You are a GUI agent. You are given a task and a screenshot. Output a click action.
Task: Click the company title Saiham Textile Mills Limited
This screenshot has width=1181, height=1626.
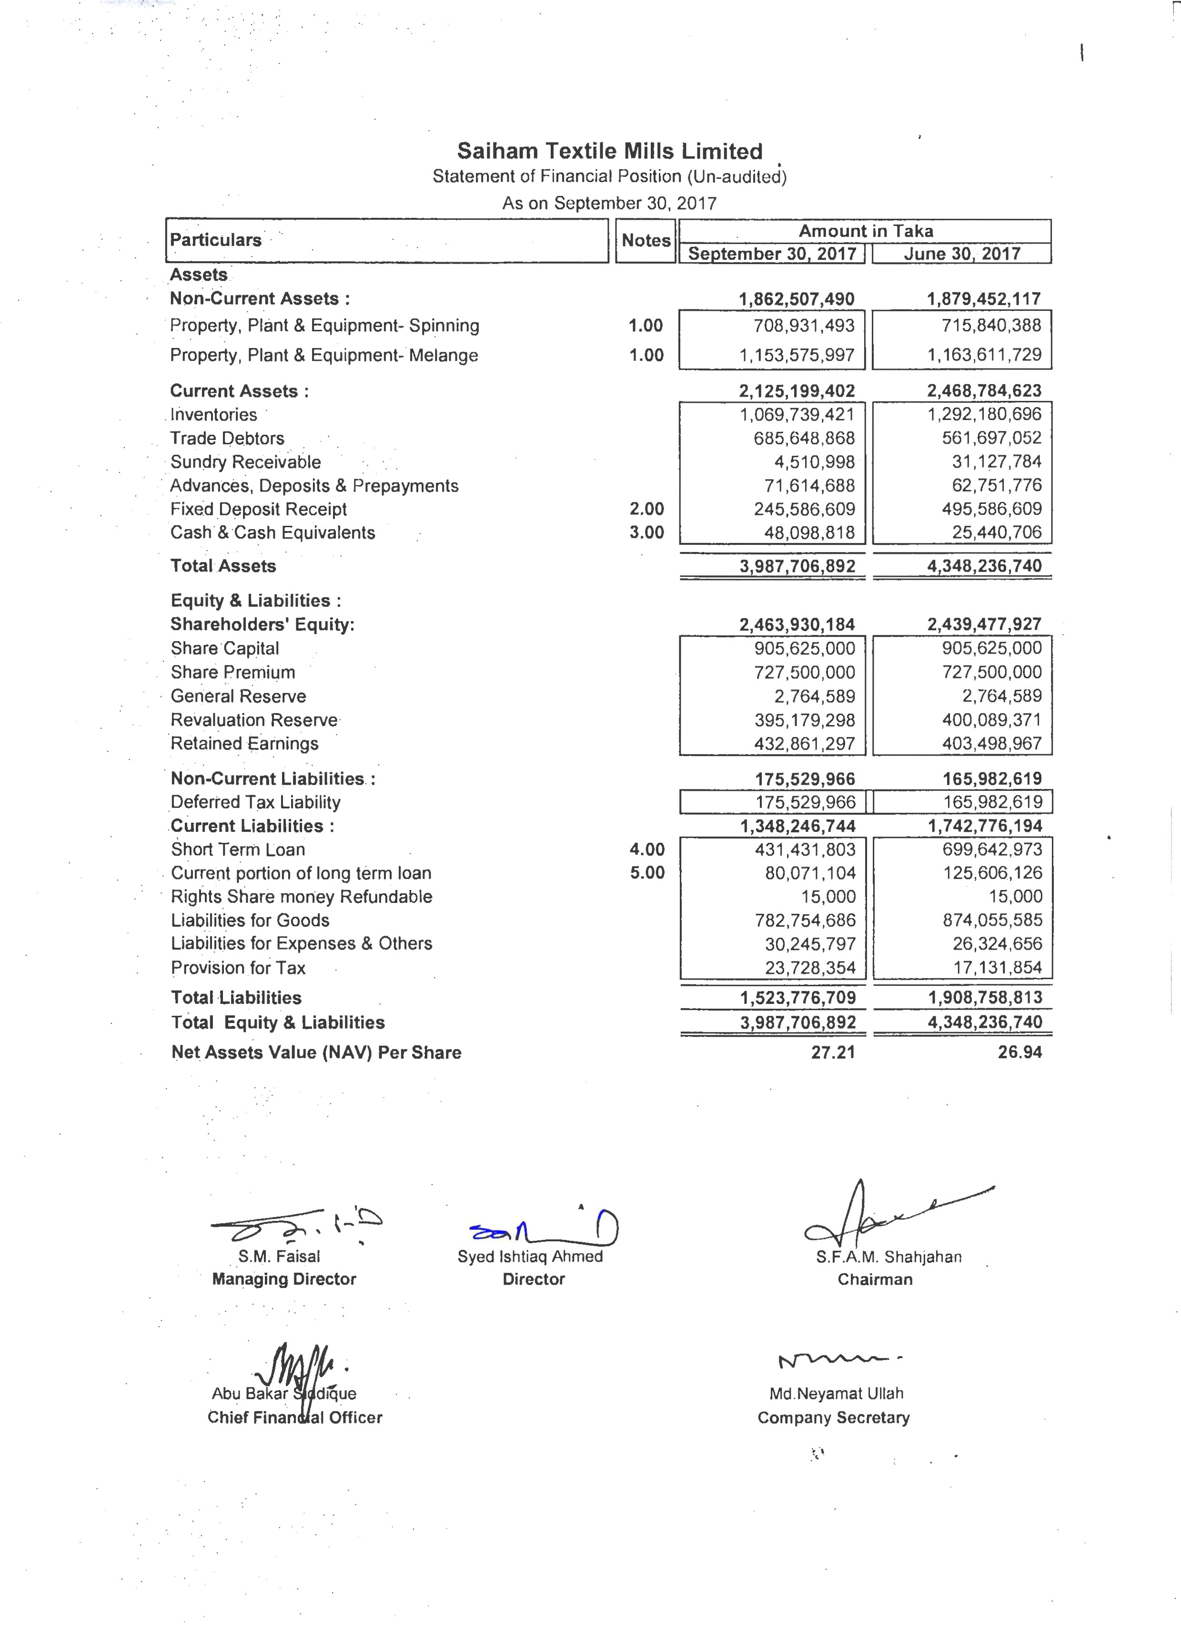point(609,151)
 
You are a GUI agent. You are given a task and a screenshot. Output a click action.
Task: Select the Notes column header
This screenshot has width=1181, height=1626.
point(646,241)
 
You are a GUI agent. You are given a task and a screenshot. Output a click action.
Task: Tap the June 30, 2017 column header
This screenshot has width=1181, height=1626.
point(962,254)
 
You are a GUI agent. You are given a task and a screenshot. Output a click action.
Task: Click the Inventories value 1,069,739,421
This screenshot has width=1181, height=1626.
point(804,414)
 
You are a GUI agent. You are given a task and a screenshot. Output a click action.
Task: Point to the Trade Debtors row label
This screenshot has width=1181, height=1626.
point(227,438)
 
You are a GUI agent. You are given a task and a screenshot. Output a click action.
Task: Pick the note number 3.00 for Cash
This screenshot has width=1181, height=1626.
point(646,532)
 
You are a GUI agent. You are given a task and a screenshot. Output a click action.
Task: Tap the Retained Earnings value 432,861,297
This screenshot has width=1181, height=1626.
point(804,744)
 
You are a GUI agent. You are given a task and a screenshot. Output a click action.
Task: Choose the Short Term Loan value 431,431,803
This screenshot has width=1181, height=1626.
point(804,849)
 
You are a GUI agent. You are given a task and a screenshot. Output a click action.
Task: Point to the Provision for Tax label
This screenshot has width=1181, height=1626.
point(238,968)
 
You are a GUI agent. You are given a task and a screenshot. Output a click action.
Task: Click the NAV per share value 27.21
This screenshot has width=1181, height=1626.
point(833,1053)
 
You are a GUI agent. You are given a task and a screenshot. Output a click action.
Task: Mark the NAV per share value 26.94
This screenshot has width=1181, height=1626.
point(1020,1053)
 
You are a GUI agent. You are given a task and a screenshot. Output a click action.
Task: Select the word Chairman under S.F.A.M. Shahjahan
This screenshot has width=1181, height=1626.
point(875,1280)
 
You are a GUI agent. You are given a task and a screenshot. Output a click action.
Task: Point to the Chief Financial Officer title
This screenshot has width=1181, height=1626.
point(294,1417)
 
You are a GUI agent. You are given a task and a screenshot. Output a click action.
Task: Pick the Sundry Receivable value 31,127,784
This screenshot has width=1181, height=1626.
point(996,462)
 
